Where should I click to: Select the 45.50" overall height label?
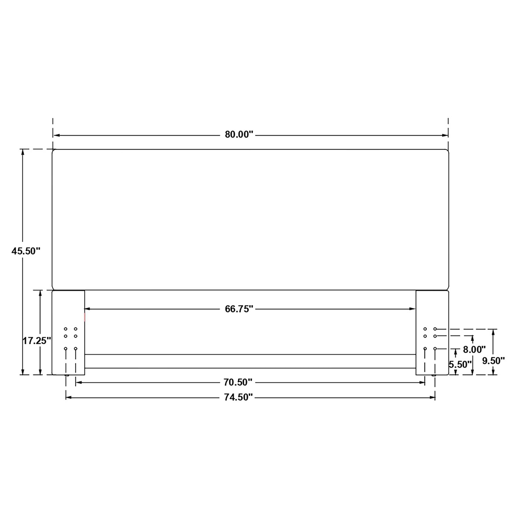coord(26,251)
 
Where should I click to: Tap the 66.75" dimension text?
coord(239,309)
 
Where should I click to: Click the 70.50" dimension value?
coord(238,382)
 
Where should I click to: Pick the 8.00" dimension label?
coord(474,349)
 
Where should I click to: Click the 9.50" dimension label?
coord(493,361)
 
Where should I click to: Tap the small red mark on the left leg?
coord(85,317)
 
